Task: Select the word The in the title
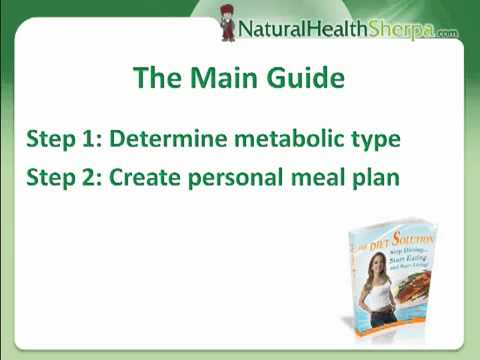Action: pyautogui.click(x=157, y=78)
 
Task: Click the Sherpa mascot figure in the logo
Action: pyautogui.click(x=230, y=22)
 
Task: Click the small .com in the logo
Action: pyautogui.click(x=447, y=33)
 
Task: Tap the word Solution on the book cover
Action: pyautogui.click(x=400, y=235)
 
